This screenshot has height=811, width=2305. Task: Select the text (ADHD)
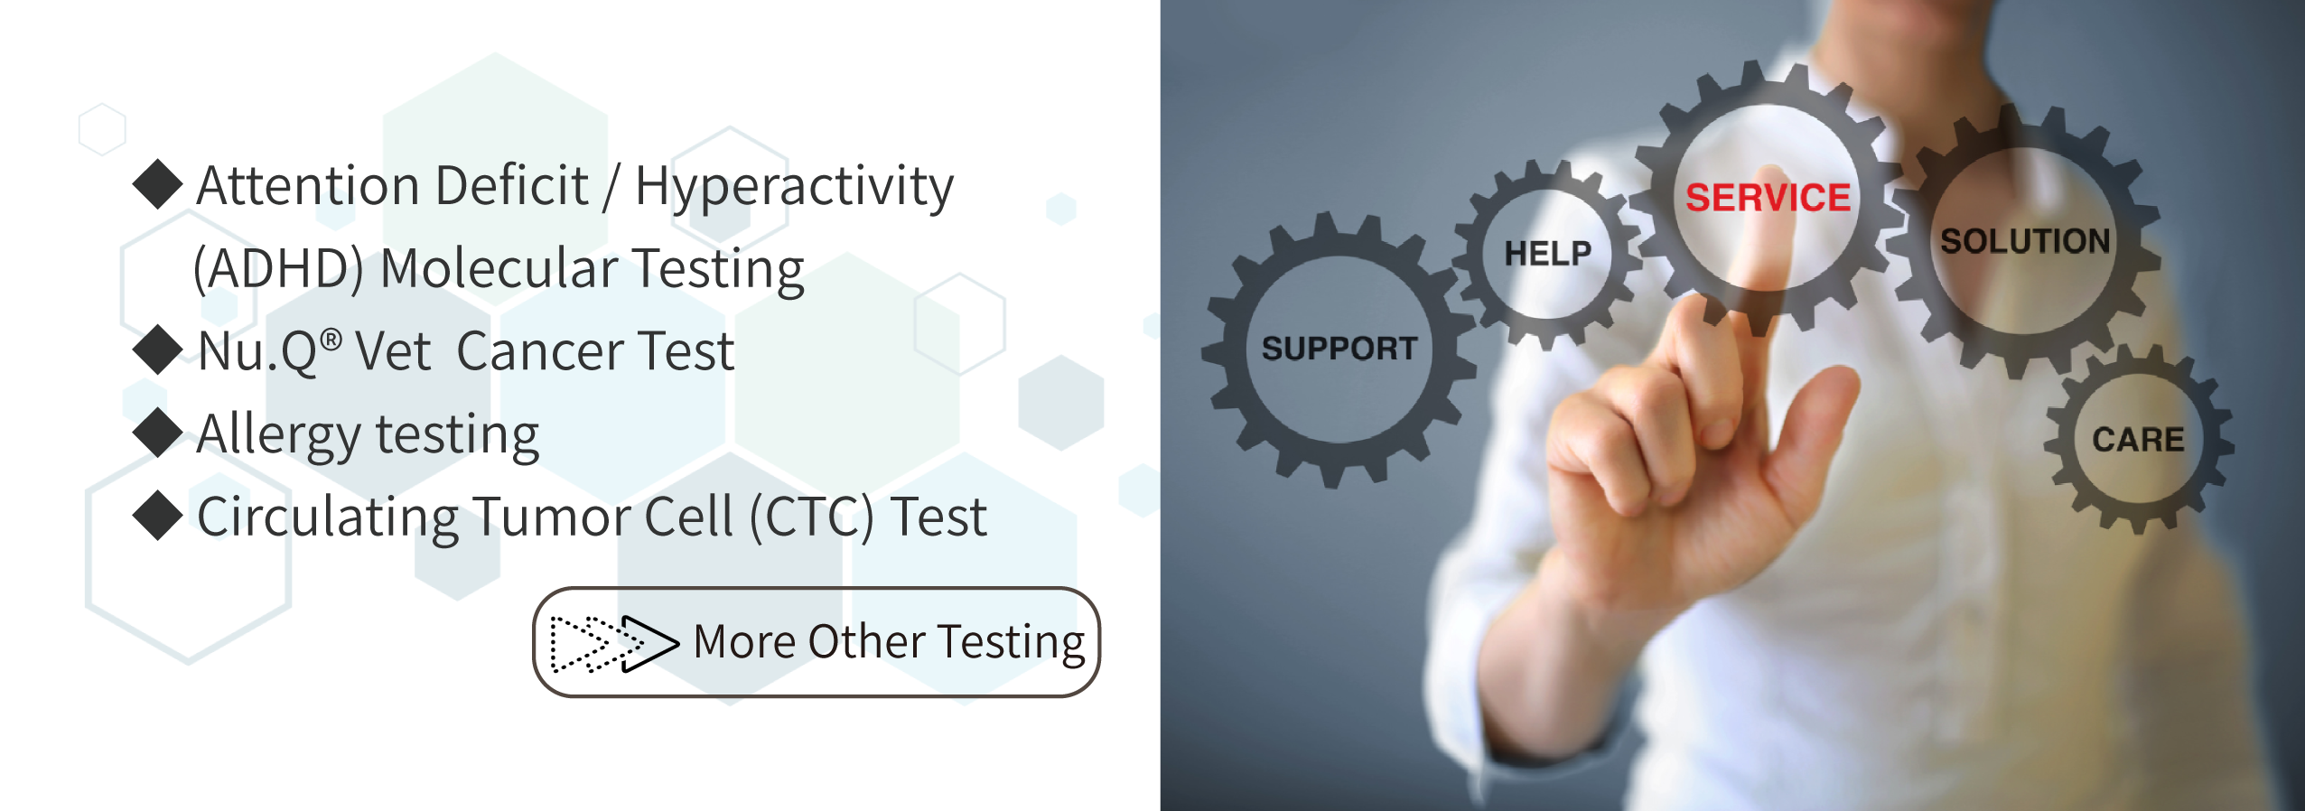[x=278, y=269]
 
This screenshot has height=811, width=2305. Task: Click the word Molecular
[x=498, y=268]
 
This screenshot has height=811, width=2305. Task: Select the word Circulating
[x=328, y=519]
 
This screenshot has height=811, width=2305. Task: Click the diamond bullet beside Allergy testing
[x=158, y=433]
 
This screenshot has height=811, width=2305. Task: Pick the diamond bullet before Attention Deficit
[x=158, y=184]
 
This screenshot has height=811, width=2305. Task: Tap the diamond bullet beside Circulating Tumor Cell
[x=158, y=516]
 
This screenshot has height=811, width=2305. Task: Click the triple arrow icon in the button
[x=614, y=644]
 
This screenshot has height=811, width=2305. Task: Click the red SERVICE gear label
[x=1768, y=198]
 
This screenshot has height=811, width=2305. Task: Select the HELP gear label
[x=1547, y=254]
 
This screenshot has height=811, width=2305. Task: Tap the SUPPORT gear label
[x=1339, y=349]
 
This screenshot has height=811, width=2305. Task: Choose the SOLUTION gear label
[x=2025, y=241]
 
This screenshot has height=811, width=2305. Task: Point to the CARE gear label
[x=2138, y=440]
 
